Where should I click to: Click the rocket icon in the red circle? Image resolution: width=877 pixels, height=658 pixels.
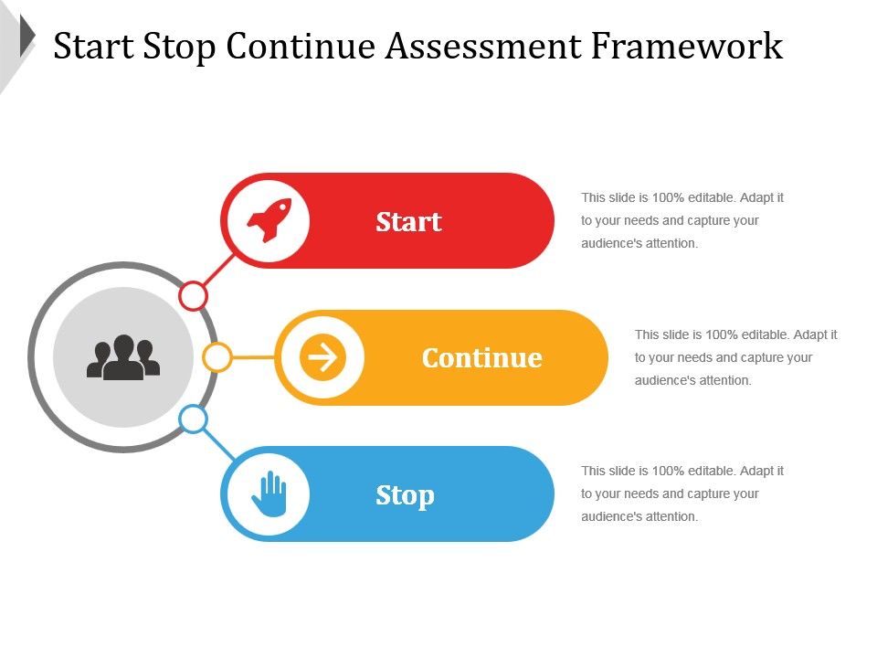point(269,220)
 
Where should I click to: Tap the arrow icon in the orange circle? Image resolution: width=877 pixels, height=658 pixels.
point(322,357)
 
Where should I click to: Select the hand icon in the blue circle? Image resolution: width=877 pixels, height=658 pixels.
point(269,493)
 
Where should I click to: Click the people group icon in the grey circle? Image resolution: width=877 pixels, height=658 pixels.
point(123,357)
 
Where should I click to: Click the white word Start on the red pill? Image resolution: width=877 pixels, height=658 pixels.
point(409,221)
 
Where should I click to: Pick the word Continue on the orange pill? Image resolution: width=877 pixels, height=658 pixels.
point(482,358)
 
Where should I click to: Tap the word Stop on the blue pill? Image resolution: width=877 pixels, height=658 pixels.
point(405,496)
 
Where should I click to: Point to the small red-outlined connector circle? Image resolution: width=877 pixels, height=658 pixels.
point(193,296)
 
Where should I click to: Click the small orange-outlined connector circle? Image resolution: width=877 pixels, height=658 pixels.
point(217,357)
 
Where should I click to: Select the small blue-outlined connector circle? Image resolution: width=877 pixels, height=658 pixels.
point(194,419)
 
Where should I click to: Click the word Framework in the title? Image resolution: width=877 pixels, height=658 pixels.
point(687,46)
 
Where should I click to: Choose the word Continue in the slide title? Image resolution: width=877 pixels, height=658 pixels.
point(301,46)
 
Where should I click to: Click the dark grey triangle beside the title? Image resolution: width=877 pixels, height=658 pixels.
point(26,36)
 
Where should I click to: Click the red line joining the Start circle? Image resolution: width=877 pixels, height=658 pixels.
point(218,271)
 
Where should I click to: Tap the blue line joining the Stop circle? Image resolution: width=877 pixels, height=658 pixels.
point(218,444)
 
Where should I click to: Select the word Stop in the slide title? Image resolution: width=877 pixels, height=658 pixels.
point(179,47)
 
